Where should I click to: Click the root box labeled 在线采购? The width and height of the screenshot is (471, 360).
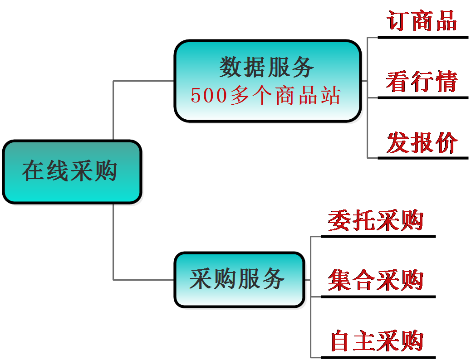click(72, 172)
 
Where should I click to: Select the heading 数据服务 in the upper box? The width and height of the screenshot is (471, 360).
click(266, 67)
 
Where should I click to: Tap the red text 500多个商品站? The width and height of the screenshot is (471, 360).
click(265, 96)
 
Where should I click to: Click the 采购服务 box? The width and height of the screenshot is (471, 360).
click(240, 280)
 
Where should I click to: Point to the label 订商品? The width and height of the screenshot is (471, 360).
click(422, 21)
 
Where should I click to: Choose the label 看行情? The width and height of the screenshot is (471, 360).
click(422, 81)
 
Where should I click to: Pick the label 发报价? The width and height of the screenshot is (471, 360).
click(422, 142)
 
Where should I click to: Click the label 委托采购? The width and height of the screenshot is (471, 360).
click(375, 220)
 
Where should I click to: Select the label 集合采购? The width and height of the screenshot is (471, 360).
click(375, 280)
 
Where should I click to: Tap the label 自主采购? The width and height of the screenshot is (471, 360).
click(377, 341)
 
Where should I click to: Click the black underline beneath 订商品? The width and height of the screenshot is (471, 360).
click(423, 38)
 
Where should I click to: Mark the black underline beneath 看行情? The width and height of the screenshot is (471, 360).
click(423, 98)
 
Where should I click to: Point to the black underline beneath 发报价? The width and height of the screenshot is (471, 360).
click(423, 158)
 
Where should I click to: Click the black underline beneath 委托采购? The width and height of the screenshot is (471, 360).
click(378, 237)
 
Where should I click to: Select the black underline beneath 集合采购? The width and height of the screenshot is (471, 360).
click(378, 297)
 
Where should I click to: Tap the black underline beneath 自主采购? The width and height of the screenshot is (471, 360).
click(378, 358)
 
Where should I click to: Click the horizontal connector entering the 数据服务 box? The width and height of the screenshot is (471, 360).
click(143, 81)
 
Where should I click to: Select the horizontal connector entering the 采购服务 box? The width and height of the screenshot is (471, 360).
click(143, 280)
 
